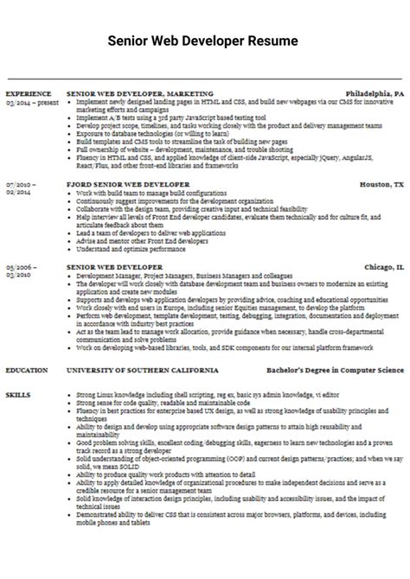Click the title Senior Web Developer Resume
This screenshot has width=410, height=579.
click(x=203, y=41)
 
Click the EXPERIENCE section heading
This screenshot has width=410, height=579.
click(x=28, y=92)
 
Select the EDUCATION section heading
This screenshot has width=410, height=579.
click(x=27, y=370)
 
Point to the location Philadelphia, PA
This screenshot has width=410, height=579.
click(x=375, y=92)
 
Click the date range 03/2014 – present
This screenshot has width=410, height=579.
click(x=30, y=100)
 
